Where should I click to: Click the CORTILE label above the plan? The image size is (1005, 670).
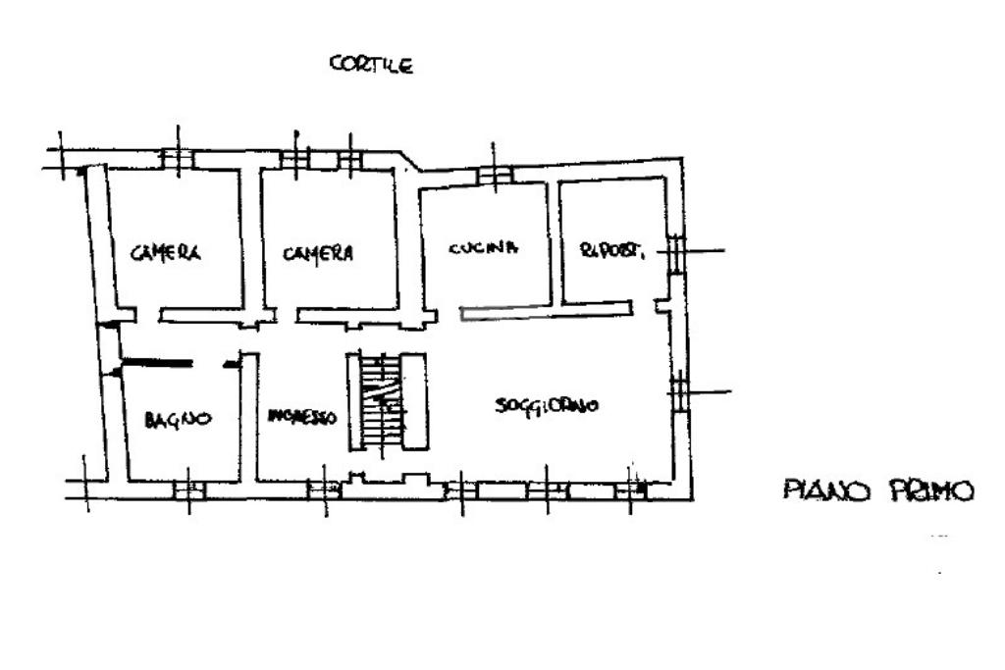371,66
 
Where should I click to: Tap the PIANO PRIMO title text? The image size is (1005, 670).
878,490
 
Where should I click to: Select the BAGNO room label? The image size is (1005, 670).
178,419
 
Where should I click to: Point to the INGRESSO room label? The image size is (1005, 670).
302,417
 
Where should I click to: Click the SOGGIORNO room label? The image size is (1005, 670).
547,406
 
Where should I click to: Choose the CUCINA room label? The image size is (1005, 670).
483,248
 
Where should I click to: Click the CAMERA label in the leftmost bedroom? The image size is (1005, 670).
166,253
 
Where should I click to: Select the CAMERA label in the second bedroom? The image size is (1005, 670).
318,253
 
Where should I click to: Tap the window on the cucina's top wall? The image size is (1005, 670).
495,175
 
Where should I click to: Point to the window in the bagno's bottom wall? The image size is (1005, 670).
188,490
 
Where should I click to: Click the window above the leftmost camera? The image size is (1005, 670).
177,158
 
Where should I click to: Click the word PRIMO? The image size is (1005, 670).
931,490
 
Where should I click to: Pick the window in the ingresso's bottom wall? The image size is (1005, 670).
324,489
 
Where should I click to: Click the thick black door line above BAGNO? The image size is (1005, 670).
156,365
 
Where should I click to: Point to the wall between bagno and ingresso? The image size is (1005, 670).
249,417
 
